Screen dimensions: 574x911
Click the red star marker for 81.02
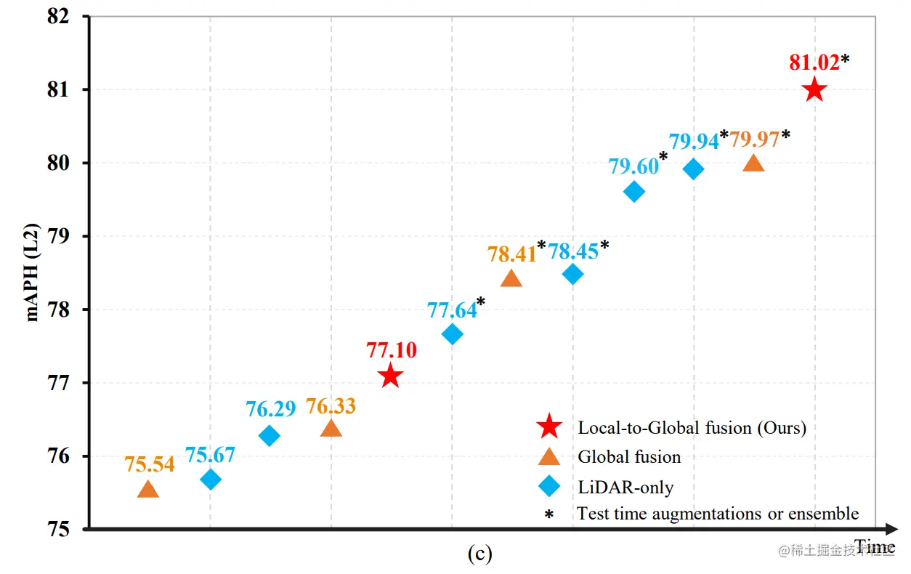click(x=814, y=90)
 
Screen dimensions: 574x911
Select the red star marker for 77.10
click(x=391, y=376)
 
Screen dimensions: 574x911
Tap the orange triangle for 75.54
click(x=148, y=490)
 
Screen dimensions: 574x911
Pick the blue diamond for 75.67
click(x=211, y=479)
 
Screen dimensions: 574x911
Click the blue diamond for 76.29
click(x=270, y=435)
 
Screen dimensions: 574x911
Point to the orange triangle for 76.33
click(x=331, y=428)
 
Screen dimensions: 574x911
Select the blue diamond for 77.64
click(x=453, y=334)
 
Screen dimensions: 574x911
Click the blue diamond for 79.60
click(x=634, y=192)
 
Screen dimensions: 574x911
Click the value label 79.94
click(x=694, y=141)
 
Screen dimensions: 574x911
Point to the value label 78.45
click(x=572, y=251)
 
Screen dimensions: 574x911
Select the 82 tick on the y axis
click(x=68, y=17)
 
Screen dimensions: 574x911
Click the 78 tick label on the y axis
click(x=68, y=310)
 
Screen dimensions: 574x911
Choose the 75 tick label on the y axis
click(x=68, y=529)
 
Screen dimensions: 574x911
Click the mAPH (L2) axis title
click(x=33, y=272)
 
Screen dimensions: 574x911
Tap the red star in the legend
click(x=548, y=427)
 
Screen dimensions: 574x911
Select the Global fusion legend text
click(x=629, y=457)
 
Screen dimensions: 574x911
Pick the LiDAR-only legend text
click(x=625, y=487)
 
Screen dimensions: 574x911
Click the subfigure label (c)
click(x=479, y=554)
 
